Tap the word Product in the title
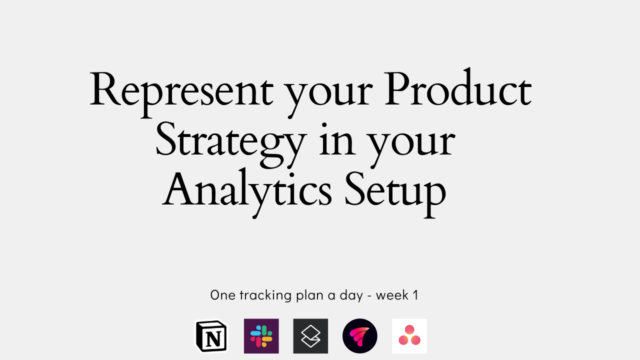point(457,90)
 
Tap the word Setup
point(395,192)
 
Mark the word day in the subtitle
point(351,295)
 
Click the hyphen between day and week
point(369,295)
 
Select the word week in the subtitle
point(392,295)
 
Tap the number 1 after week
point(415,295)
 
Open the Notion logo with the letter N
point(211,336)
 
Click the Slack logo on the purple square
point(261,336)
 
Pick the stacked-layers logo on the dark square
point(310,336)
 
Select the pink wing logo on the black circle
point(360,336)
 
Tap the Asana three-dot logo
point(409,336)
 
